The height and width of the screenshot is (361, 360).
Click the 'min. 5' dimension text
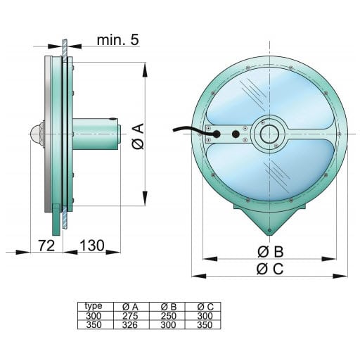click(117, 40)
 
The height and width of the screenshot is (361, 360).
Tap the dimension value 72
click(46, 246)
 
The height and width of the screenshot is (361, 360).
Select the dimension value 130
click(92, 246)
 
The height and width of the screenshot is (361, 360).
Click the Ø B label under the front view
click(270, 252)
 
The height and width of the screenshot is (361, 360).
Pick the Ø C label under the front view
click(270, 269)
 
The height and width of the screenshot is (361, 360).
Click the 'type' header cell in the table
click(94, 306)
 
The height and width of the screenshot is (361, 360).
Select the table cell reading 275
click(130, 316)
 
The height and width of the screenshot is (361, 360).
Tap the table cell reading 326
click(130, 324)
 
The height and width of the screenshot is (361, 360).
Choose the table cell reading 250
click(168, 316)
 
